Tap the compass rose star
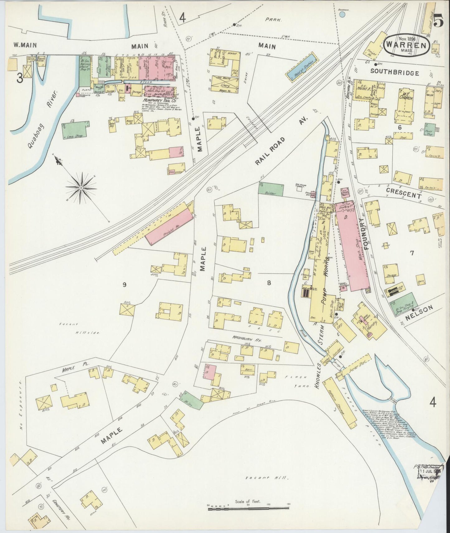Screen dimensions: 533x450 pyautogui.click(x=81, y=188)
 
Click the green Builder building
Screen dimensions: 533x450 pyautogui.click(x=271, y=190)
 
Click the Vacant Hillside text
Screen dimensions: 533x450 pyautogui.click(x=78, y=328)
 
